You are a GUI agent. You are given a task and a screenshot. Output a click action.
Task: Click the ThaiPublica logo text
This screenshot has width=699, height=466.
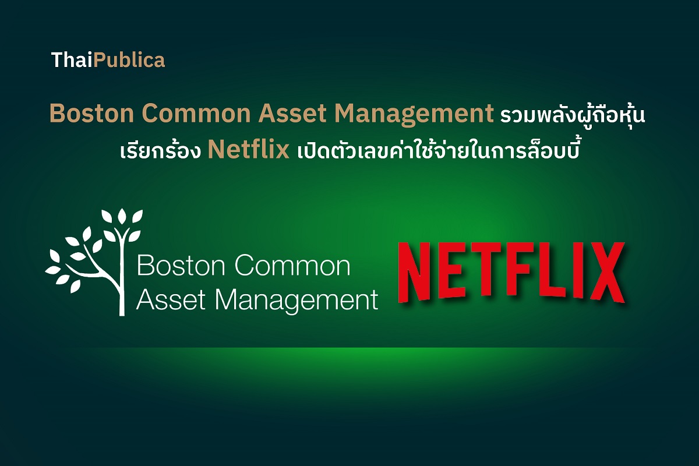pos(108,60)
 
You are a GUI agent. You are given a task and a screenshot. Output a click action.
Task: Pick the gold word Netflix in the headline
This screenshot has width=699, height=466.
pos(249,150)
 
